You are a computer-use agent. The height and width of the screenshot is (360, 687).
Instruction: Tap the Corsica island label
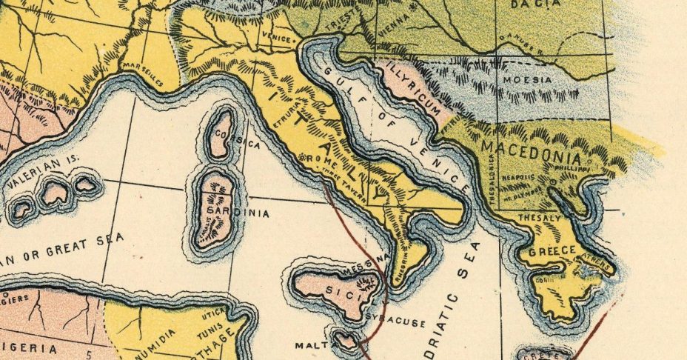[x=233, y=139]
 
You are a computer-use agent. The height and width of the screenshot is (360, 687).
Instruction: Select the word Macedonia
[x=530, y=150]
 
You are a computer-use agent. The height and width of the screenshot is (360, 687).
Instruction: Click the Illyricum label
[x=417, y=92]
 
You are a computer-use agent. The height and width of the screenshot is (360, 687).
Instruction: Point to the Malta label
[x=311, y=345]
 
